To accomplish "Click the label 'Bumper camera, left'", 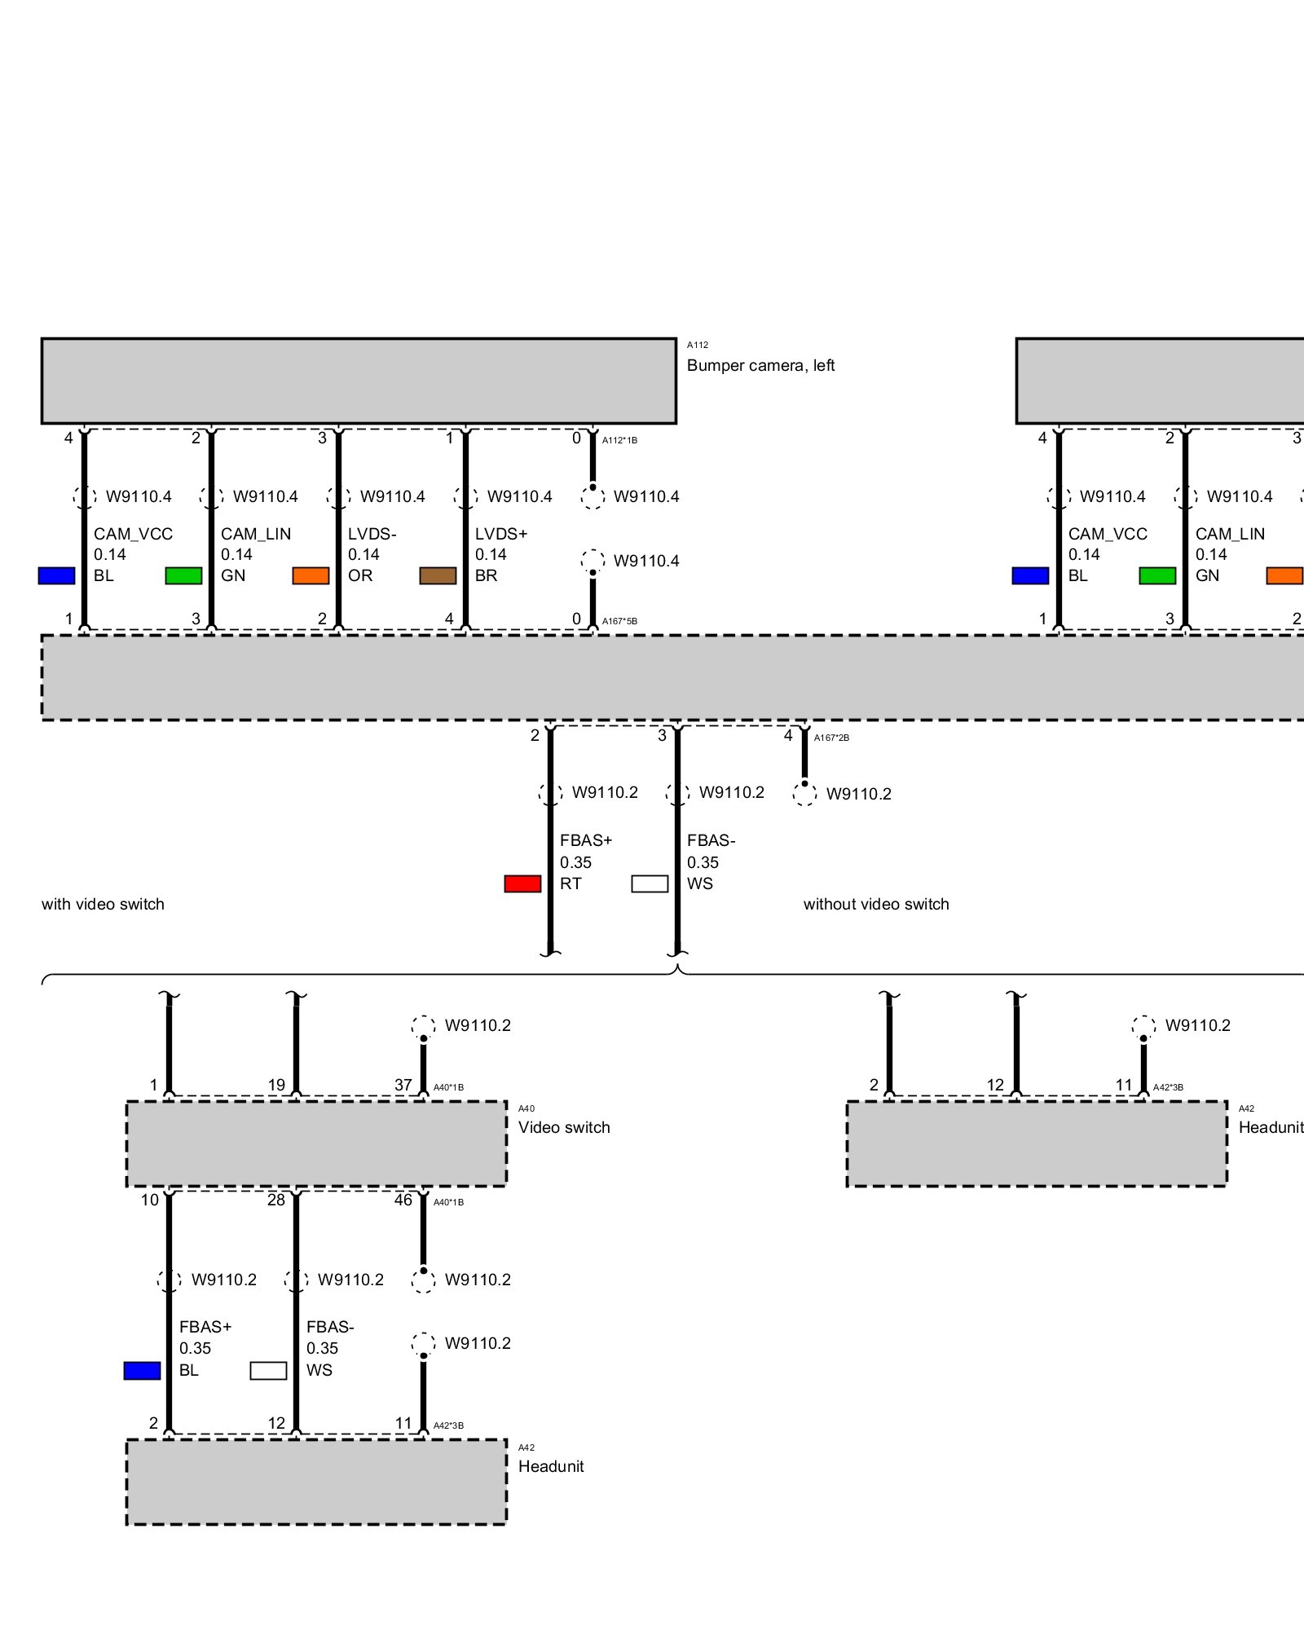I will [x=760, y=365].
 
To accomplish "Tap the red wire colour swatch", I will [x=522, y=883].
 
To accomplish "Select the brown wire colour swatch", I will [x=438, y=575].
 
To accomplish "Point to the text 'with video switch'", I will [x=103, y=904].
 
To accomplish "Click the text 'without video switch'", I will [x=876, y=904].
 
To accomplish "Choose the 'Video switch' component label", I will [x=564, y=1127].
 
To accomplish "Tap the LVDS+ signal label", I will [x=501, y=534].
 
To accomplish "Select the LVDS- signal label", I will [x=372, y=534].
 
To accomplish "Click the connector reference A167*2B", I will [x=831, y=738].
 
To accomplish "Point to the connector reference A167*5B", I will [x=619, y=621].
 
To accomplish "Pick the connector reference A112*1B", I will [x=619, y=440].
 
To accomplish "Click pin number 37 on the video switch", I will [x=403, y=1085].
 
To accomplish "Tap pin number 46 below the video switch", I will [x=403, y=1200].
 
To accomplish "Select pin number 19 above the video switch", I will [x=276, y=1085].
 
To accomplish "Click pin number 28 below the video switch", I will [x=276, y=1200].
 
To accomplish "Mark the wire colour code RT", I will [x=570, y=883].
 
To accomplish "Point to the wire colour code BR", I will [x=486, y=575].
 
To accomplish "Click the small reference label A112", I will [x=698, y=345].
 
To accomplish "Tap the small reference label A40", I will [x=526, y=1108].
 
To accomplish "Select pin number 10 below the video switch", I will [x=150, y=1200].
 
